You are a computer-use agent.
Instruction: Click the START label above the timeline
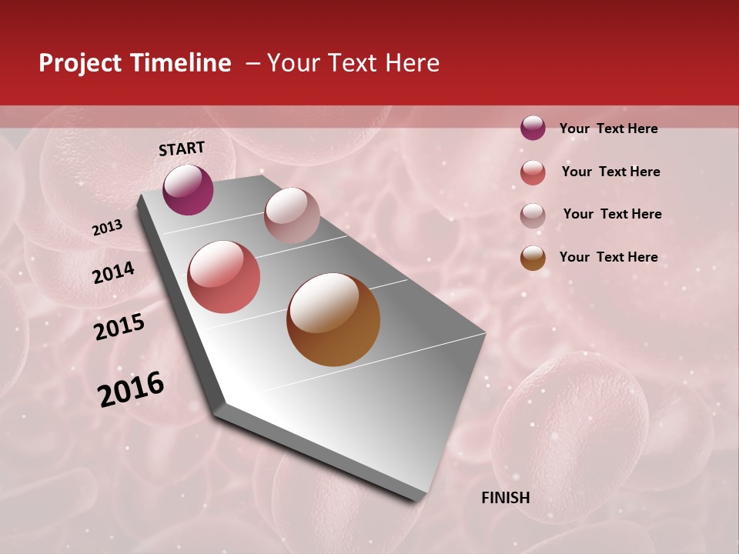tap(182, 149)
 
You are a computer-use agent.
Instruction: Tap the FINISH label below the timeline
tap(505, 498)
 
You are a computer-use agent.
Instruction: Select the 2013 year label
tap(107, 228)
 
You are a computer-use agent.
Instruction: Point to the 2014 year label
tap(113, 272)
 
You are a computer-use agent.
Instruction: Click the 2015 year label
tap(119, 327)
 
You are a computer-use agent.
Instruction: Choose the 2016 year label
tap(131, 389)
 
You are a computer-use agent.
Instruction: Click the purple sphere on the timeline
tap(188, 189)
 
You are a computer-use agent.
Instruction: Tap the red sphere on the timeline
tap(224, 277)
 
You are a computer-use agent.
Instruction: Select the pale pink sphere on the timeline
tap(292, 215)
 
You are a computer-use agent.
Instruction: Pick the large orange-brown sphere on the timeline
tap(333, 319)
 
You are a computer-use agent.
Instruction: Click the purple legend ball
tap(533, 128)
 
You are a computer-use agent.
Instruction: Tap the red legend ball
tap(533, 172)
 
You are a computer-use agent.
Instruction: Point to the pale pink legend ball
tap(533, 215)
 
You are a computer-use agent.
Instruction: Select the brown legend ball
tap(533, 258)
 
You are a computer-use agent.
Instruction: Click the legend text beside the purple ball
tap(608, 128)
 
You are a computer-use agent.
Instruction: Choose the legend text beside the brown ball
tap(608, 257)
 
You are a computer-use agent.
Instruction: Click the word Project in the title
tap(79, 63)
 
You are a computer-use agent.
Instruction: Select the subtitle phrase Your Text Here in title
tap(353, 63)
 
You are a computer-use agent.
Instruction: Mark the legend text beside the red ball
tap(610, 172)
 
